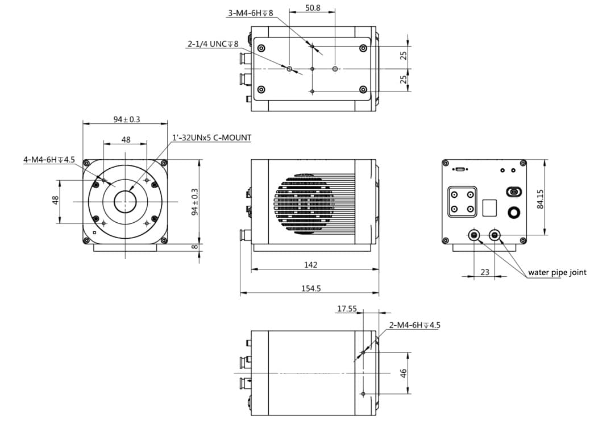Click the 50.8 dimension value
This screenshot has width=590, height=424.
312,8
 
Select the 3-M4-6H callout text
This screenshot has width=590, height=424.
251,13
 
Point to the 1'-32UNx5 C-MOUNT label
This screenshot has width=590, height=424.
211,138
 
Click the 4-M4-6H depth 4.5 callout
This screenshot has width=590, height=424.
49,160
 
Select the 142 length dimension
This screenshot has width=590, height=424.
310,265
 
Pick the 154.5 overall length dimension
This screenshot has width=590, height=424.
310,288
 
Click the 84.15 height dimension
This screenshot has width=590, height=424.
540,199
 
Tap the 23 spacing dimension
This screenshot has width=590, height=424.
484,272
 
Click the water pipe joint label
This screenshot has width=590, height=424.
557,272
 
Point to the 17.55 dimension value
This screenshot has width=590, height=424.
347,309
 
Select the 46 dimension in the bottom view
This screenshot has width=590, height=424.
403,373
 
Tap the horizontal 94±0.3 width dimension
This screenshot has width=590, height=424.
126,119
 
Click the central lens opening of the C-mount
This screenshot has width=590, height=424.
125,202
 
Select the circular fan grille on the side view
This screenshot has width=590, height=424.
304,203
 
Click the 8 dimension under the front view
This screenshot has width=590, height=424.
194,247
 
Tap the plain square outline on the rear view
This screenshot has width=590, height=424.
489,207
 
